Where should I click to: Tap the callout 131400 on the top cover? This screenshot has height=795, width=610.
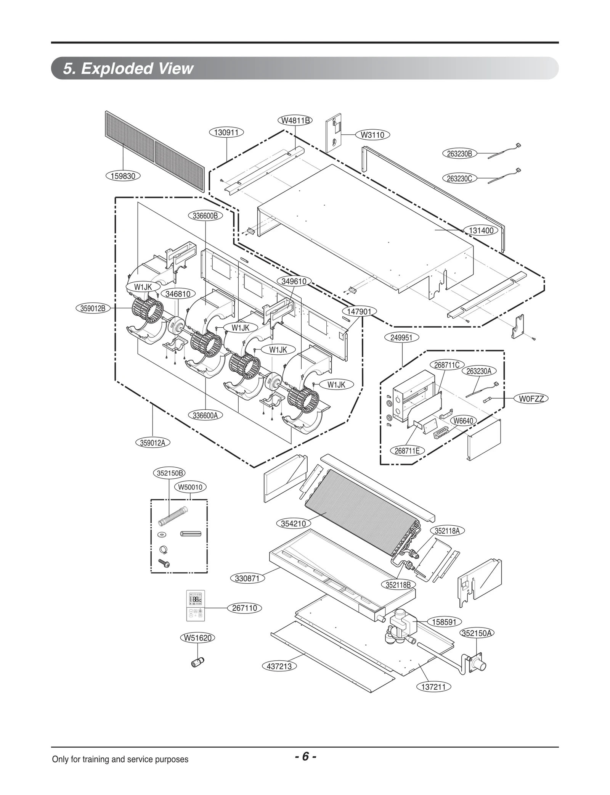pyautogui.click(x=481, y=230)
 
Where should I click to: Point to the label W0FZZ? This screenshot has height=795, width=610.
pyautogui.click(x=531, y=399)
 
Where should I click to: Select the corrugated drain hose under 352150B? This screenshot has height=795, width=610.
pyautogui.click(x=173, y=515)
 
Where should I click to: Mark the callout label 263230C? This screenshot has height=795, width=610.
pyautogui.click(x=459, y=178)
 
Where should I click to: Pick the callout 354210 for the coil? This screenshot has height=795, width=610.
pyautogui.click(x=293, y=523)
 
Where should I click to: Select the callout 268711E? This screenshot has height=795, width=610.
pyautogui.click(x=407, y=451)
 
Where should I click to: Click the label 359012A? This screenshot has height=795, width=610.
pyautogui.click(x=152, y=443)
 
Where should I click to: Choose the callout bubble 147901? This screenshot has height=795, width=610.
pyautogui.click(x=359, y=311)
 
